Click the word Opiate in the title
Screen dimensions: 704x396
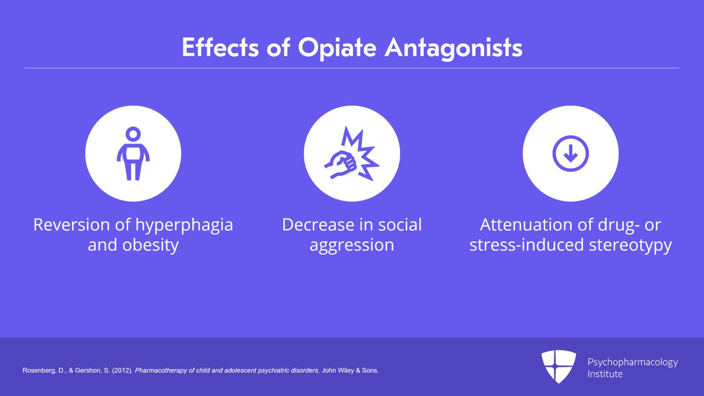337,48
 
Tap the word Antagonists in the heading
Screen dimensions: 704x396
454,48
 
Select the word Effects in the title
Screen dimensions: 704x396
220,48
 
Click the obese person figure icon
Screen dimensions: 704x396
133,153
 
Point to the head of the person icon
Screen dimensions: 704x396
133,133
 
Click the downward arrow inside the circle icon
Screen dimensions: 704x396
571,153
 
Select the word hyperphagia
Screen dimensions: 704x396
184,226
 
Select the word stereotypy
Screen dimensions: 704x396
631,245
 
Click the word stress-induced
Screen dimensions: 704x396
527,245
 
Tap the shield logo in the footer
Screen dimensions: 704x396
558,366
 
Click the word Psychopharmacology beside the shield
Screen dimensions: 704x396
633,363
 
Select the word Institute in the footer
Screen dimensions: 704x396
605,374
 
